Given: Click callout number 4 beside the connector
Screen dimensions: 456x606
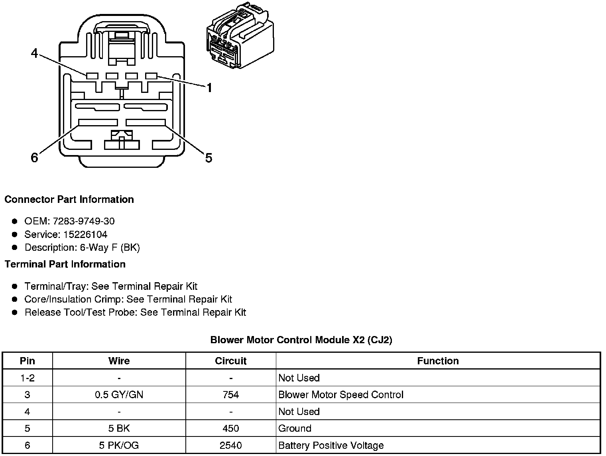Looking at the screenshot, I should tap(35, 53).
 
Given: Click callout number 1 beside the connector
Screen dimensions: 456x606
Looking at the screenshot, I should tap(209, 88).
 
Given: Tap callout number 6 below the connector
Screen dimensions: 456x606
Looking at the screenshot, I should tap(35, 158).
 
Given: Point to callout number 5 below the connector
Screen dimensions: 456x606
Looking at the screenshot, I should tap(209, 158).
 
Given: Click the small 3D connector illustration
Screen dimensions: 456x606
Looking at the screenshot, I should tap(240, 37).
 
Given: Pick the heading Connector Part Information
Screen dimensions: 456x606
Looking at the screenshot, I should tap(69, 199).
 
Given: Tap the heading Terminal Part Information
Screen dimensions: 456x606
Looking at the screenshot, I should tap(65, 264).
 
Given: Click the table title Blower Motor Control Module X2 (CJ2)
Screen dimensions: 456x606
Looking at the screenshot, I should tap(301, 340).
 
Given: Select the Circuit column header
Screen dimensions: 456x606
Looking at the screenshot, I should tap(230, 361).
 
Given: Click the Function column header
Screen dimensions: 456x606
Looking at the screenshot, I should tap(438, 361).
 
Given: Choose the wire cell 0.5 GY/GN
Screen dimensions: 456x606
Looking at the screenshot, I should tap(119, 395).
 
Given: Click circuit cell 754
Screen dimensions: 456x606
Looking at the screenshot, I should tap(230, 395).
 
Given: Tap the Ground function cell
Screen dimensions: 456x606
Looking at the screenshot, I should tap(295, 428).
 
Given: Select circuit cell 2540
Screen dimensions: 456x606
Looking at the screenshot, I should tap(230, 445).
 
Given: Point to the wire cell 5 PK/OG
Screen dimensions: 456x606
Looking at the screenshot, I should tap(119, 445).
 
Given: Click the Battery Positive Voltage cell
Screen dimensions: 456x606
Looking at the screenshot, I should tap(331, 445).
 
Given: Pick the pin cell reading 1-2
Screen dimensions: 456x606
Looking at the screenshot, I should tap(27, 378).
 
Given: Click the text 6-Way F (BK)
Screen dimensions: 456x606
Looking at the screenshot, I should tap(110, 248).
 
